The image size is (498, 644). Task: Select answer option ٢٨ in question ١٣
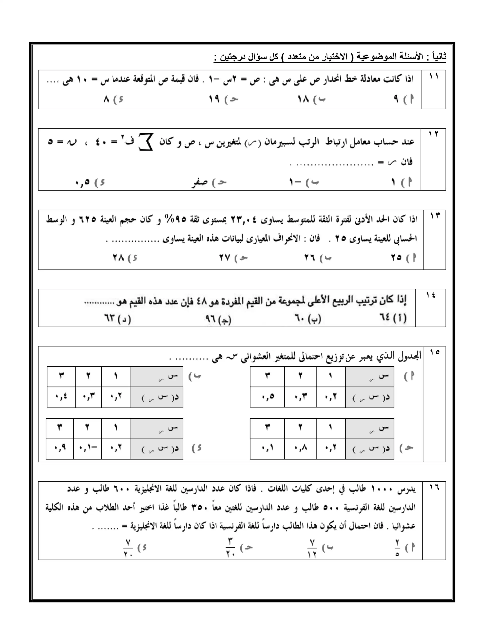(x=118, y=258)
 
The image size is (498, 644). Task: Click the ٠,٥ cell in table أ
(x=268, y=397)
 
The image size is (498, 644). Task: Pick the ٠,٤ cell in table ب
(x=61, y=397)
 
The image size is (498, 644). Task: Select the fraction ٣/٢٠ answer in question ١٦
(x=230, y=548)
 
